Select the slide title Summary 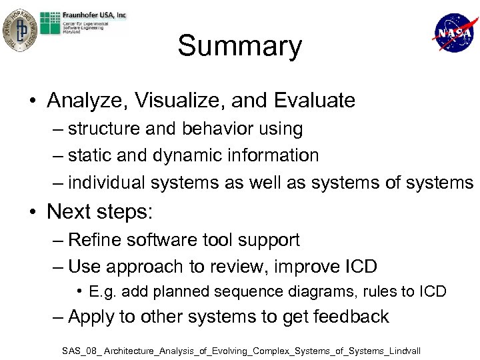(239, 47)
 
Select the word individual (107, 182)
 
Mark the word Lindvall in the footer (402, 350)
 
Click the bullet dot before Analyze (32, 101)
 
